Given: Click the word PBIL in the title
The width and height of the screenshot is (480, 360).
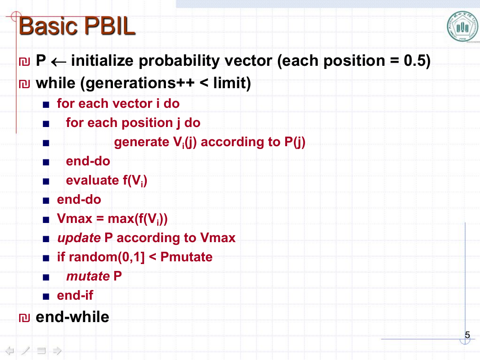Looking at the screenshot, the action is click(110, 26).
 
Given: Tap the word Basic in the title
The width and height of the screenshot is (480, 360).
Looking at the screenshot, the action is click(48, 26).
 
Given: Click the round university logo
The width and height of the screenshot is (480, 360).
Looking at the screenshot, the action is click(462, 26).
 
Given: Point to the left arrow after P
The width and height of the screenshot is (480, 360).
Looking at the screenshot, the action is click(59, 62).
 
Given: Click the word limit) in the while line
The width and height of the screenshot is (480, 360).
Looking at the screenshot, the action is click(232, 83).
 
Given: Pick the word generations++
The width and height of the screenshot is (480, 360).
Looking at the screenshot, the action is click(139, 84).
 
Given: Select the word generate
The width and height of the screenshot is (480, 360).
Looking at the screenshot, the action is click(142, 143).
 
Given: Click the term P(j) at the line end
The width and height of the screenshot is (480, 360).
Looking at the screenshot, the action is click(295, 142).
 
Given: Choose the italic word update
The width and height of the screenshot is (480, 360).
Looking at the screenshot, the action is click(79, 238).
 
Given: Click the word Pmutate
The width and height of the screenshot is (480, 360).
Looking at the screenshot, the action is click(187, 257).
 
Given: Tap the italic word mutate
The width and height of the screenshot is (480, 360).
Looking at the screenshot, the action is click(88, 276).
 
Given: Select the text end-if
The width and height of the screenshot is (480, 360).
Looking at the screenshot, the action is click(75, 296).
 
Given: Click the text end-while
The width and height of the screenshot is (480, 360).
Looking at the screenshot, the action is click(72, 317).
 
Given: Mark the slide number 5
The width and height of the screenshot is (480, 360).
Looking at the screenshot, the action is click(467, 335).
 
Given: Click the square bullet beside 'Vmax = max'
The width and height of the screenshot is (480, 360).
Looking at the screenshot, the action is click(46, 220).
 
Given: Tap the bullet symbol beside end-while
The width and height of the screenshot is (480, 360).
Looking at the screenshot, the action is click(25, 318).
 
